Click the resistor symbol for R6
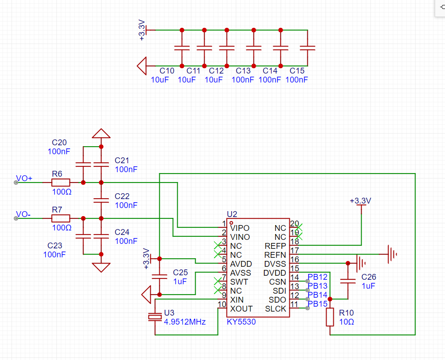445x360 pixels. tap(61, 182)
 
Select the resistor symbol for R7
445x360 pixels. tap(61, 218)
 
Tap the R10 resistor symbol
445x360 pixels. tap(330, 317)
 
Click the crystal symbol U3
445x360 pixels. tap(155, 317)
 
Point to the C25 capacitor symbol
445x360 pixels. tap(160, 277)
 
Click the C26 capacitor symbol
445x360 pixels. tap(348, 281)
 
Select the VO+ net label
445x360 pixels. tap(24, 178)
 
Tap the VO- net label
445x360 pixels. tap(23, 214)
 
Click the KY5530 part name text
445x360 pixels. tap(241, 322)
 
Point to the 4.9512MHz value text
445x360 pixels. tap(185, 322)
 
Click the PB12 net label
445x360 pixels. tap(318, 277)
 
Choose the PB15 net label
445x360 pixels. tap(318, 304)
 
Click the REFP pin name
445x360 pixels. tap(275, 246)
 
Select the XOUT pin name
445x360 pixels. tap(241, 308)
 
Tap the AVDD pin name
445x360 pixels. tap(241, 264)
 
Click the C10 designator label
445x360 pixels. tap(167, 71)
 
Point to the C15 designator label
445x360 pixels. tap(297, 71)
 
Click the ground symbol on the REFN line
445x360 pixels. tap(392, 254)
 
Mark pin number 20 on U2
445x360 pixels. tap(295, 224)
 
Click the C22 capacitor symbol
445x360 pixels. tap(101, 200)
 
